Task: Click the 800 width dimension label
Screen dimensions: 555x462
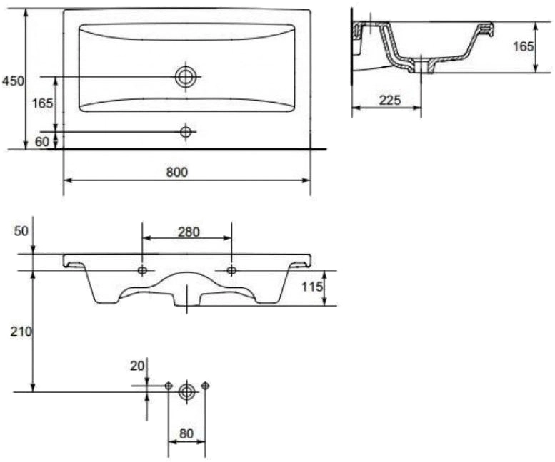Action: click(177, 173)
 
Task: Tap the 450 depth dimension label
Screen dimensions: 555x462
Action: click(13, 81)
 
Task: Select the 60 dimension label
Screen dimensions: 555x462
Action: click(42, 142)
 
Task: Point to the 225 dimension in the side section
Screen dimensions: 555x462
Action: click(390, 101)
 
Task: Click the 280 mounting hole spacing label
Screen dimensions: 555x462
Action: click(189, 232)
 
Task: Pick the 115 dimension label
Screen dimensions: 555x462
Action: click(313, 287)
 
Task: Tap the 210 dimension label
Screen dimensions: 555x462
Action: click(21, 332)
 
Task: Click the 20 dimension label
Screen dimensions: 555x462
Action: click(137, 366)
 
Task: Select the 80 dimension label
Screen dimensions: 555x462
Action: click(186, 433)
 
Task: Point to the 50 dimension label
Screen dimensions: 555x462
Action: click(21, 231)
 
